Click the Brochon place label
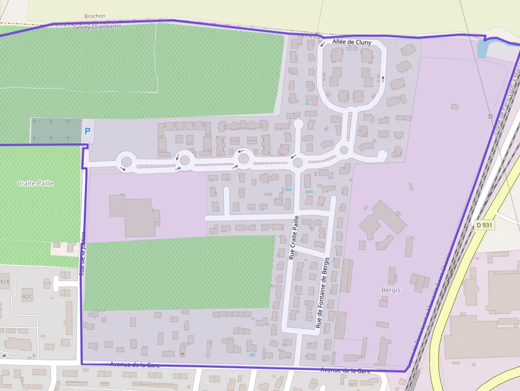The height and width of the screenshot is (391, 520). coord(95,16)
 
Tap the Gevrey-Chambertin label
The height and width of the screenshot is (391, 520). coord(97,26)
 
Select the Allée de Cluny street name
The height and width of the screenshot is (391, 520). coord(352,42)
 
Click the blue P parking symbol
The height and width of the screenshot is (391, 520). coord(88,131)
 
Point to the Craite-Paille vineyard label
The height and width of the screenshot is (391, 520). coord(36,183)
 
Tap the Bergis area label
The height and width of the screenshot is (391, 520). coord(391,290)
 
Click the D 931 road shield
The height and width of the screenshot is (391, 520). coord(485,225)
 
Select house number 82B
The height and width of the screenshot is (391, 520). coord(5,281)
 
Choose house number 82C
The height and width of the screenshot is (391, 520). coord(27,296)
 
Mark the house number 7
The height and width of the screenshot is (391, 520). coord(293,115)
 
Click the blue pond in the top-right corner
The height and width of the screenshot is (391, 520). coord(482,49)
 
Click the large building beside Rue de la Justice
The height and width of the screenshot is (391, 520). coord(133,215)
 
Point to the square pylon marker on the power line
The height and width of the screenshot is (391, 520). coord(490,116)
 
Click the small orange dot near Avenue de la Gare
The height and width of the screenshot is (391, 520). coord(182,353)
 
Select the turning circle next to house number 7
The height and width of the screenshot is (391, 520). coord(298,124)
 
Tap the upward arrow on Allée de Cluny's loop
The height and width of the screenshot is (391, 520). coord(383,80)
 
